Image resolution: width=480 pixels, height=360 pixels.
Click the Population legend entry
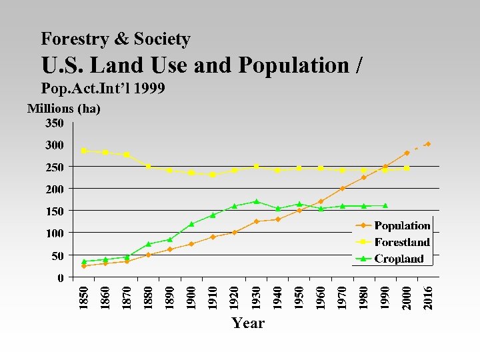(401, 225)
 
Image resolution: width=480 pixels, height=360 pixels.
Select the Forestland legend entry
(401, 242)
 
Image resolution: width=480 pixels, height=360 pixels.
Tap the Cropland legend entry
(399, 259)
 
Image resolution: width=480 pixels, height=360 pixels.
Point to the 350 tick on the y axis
(55, 123)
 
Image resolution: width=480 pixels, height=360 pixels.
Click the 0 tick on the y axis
(61, 277)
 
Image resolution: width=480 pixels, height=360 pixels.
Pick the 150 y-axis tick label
(55, 211)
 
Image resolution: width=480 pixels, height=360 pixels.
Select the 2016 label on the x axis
(428, 298)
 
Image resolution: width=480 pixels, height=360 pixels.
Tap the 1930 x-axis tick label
(256, 298)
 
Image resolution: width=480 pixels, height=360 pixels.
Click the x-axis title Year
(248, 323)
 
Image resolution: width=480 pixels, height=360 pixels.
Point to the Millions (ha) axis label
(63, 109)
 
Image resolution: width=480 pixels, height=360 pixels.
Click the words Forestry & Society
(115, 39)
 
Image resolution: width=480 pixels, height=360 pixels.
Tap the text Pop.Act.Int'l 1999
(103, 88)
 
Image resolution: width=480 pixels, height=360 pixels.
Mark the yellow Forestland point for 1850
(84, 151)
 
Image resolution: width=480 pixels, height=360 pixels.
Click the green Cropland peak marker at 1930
(256, 201)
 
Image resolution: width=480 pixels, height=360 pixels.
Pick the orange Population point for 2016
(428, 144)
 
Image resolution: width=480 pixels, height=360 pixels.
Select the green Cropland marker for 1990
(385, 205)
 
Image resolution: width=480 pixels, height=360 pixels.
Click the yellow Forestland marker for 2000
(407, 168)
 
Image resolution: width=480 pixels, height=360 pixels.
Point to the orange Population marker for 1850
(84, 266)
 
